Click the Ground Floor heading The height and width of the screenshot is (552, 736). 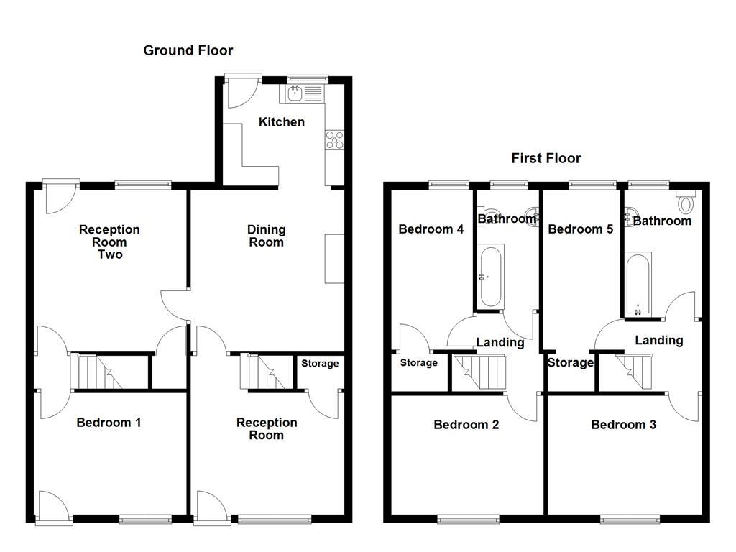click(x=188, y=50)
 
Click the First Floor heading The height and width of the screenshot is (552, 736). click(x=546, y=158)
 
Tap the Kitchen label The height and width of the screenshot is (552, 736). click(x=281, y=122)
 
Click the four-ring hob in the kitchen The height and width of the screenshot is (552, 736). click(x=334, y=139)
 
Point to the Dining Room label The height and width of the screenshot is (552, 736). click(x=266, y=236)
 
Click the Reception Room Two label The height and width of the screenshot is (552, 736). click(x=109, y=241)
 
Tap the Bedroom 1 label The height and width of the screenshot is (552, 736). click(x=109, y=423)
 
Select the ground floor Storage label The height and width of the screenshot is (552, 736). click(x=319, y=364)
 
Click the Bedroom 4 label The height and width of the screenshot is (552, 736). click(x=431, y=230)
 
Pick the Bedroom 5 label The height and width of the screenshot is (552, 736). click(x=580, y=230)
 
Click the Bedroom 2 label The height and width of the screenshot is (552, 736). click(x=466, y=425)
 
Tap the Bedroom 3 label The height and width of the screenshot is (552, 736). click(x=623, y=425)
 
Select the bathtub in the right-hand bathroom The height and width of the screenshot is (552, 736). click(x=638, y=284)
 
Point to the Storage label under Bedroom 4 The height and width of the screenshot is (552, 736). click(x=418, y=363)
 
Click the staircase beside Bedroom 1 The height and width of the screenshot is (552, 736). click(x=94, y=371)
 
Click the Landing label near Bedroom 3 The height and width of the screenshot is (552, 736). click(x=658, y=341)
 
